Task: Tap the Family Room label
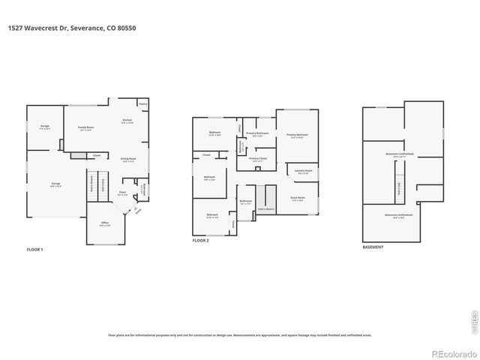(x=85, y=128)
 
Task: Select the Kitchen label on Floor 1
(x=127, y=121)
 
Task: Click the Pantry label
(x=142, y=104)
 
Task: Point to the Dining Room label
(x=128, y=159)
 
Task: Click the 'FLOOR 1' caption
(x=36, y=249)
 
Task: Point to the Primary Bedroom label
(x=297, y=136)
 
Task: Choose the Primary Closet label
(x=257, y=159)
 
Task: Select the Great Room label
(x=297, y=199)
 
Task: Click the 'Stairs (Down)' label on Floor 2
(x=265, y=210)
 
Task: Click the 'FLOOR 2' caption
(x=201, y=241)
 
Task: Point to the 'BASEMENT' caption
(x=373, y=247)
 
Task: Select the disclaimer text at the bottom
(x=239, y=335)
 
